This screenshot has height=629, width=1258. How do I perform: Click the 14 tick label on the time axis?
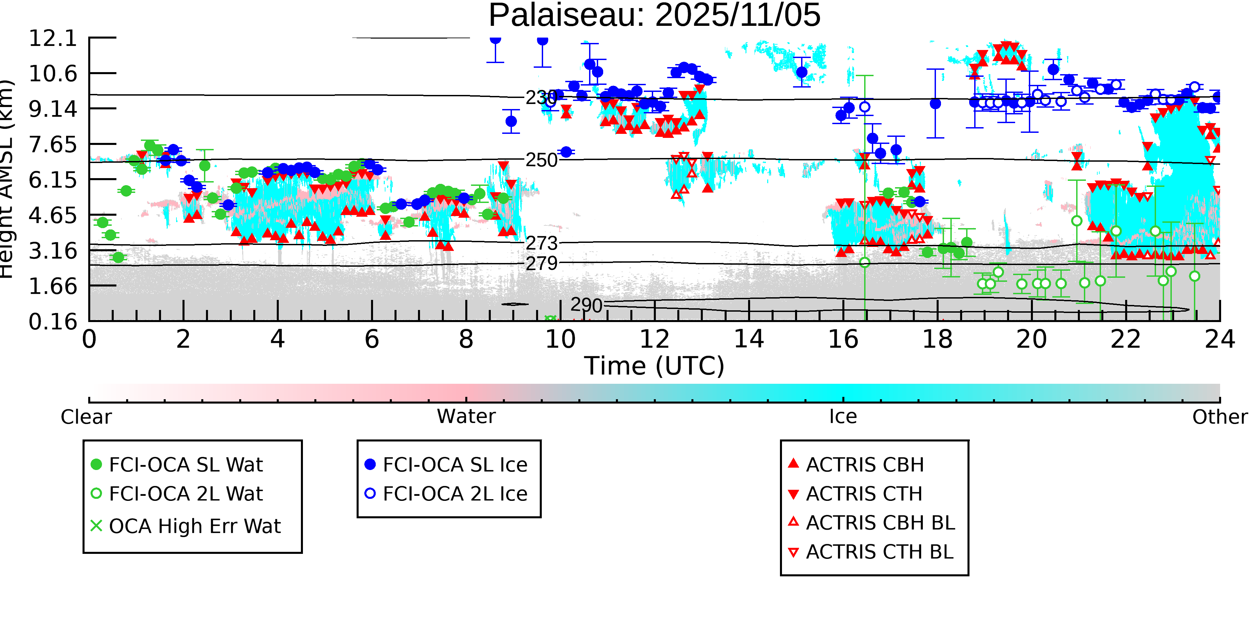pyautogui.click(x=749, y=339)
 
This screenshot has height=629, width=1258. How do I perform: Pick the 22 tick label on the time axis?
pyautogui.click(x=1125, y=339)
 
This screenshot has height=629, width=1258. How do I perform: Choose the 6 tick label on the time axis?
pyautogui.click(x=372, y=339)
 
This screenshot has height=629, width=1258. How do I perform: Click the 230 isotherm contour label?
pyautogui.click(x=541, y=98)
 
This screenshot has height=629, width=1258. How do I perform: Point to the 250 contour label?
pyautogui.click(x=541, y=160)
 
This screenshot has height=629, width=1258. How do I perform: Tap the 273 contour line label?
pyautogui.click(x=541, y=243)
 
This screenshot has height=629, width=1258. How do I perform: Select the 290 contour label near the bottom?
pyautogui.click(x=586, y=305)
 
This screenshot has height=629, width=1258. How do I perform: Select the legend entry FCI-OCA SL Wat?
pyautogui.click(x=186, y=464)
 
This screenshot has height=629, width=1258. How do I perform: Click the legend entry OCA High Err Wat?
pyautogui.click(x=194, y=526)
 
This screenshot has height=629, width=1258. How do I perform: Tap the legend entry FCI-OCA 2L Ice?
pyautogui.click(x=455, y=494)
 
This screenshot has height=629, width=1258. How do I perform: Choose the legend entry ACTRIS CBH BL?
pyautogui.click(x=880, y=523)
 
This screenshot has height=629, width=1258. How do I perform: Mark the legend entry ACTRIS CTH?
pyautogui.click(x=864, y=494)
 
